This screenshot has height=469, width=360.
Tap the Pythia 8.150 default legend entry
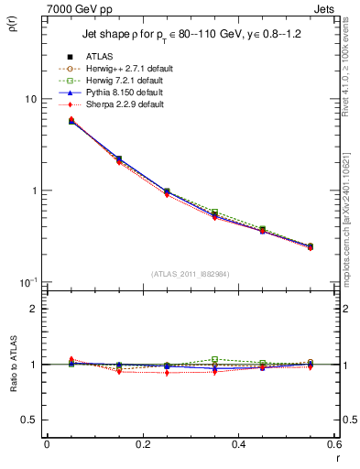(x=121, y=93)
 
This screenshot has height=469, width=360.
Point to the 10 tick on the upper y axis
(x=30, y=99)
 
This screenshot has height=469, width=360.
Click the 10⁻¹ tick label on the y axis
(x=27, y=282)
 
